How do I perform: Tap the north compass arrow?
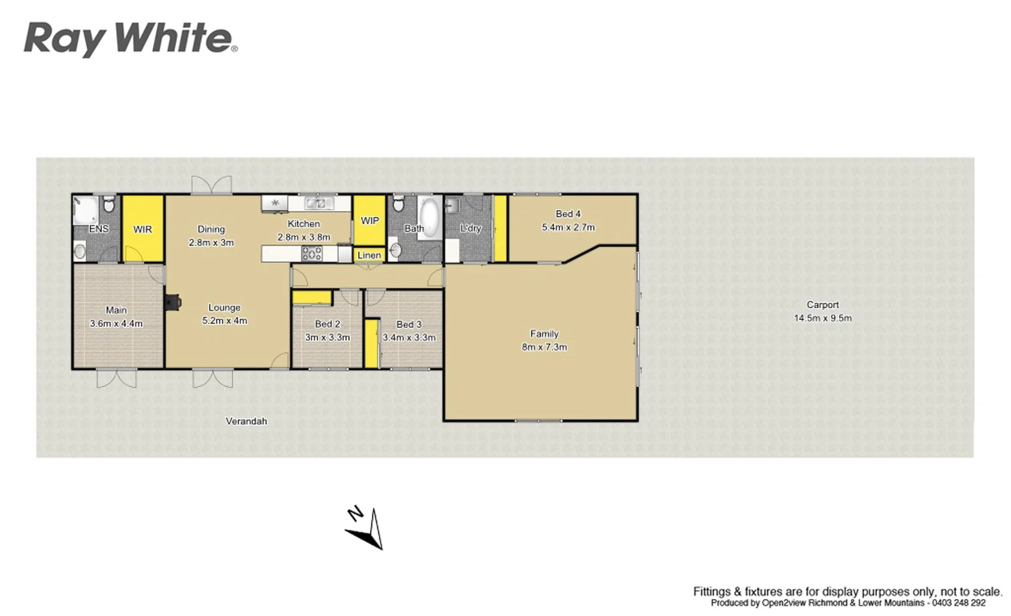[365, 529]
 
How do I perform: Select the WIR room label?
[143, 229]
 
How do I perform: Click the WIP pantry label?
[370, 221]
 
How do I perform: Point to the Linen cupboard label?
[369, 255]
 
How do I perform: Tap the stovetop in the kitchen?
[312, 253]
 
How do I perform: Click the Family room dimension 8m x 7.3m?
[544, 347]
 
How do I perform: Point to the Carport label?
[823, 305]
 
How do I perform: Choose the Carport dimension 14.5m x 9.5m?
[823, 318]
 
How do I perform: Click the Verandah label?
[246, 422]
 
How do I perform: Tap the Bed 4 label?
[568, 214]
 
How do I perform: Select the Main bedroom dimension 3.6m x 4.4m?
[116, 323]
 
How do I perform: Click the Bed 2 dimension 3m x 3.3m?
[327, 337]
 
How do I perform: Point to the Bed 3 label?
[409, 324]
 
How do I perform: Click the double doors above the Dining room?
[212, 185]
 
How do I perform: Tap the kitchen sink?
[314, 202]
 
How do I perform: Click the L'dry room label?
[471, 228]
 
